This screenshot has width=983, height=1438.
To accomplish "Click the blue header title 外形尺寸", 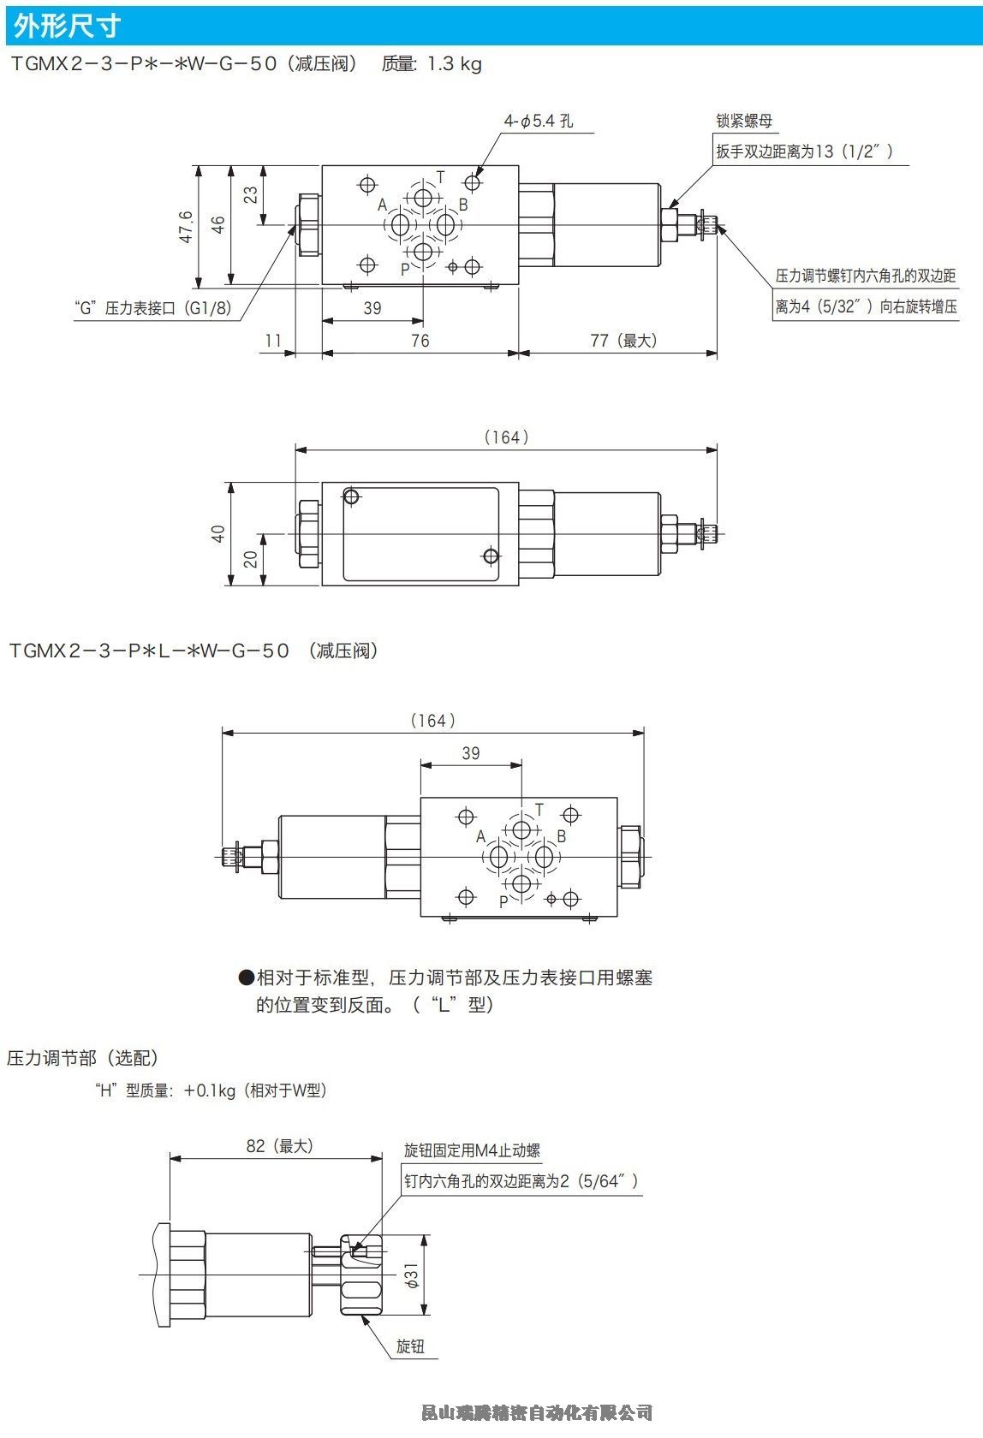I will point(68,27).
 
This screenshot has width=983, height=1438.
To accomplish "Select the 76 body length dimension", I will point(420,341).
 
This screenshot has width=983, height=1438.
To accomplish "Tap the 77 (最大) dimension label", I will point(623,341).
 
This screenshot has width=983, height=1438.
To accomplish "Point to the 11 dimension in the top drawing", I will point(273,341).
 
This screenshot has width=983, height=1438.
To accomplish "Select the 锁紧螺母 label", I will point(744,121).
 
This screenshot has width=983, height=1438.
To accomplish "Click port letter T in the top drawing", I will point(441,177).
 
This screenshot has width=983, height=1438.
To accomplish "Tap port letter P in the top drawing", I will point(405,269).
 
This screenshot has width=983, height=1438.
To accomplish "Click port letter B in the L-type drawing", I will point(562,836).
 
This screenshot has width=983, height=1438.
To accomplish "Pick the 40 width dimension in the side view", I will point(218,533).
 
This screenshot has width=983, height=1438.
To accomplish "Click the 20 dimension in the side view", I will point(250,559).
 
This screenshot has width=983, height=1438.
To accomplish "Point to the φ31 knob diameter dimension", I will point(412,1275).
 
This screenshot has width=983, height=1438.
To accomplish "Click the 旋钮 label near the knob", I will point(410,1346).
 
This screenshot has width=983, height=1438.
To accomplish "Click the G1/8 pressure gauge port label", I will point(154,308).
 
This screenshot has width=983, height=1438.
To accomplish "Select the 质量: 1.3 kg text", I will point(432,64).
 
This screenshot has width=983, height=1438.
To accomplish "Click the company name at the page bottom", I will point(537,1411).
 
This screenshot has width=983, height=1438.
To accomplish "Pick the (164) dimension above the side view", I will point(506,437).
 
